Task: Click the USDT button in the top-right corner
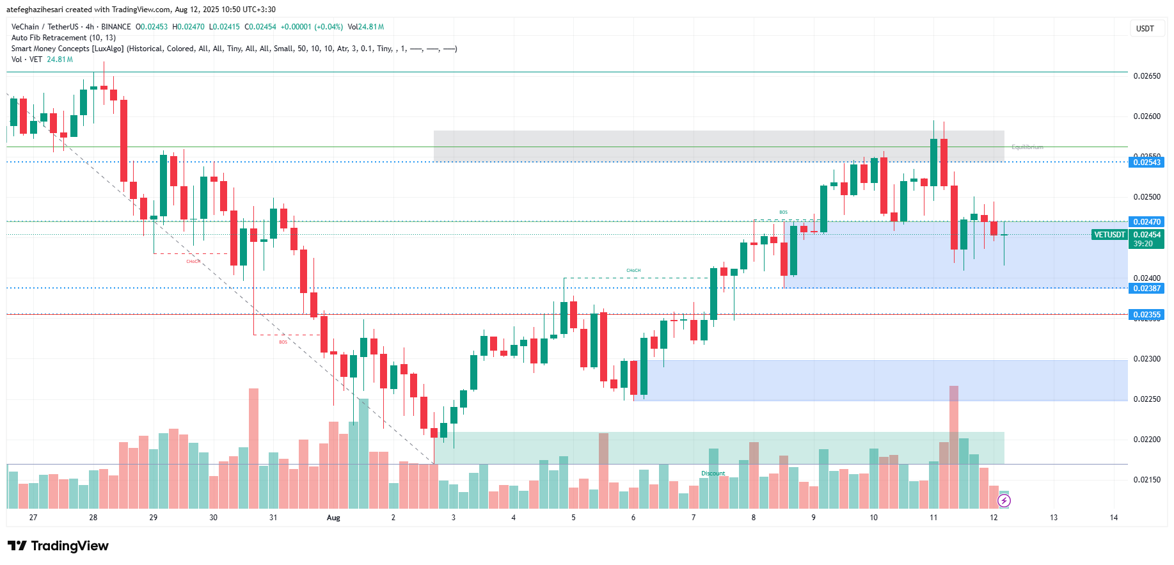click(1145, 28)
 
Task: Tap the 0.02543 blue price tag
click(1146, 163)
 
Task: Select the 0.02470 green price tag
click(1146, 222)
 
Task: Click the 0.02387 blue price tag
click(1146, 289)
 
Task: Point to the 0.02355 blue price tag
click(1146, 315)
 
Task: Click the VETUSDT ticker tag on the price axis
click(1109, 235)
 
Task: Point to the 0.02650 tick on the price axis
click(1146, 76)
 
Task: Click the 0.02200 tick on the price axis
click(1146, 440)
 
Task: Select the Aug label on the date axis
click(333, 518)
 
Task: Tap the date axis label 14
click(1114, 518)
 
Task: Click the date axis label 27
click(33, 518)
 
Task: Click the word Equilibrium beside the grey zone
click(1027, 147)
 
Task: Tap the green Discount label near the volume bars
click(713, 473)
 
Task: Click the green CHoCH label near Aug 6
click(633, 271)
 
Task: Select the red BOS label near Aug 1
click(283, 342)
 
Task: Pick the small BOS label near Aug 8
click(783, 212)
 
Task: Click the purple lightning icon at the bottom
click(1004, 501)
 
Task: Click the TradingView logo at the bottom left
click(58, 546)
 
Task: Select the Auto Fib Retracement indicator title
click(63, 38)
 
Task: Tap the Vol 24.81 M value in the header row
click(366, 27)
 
